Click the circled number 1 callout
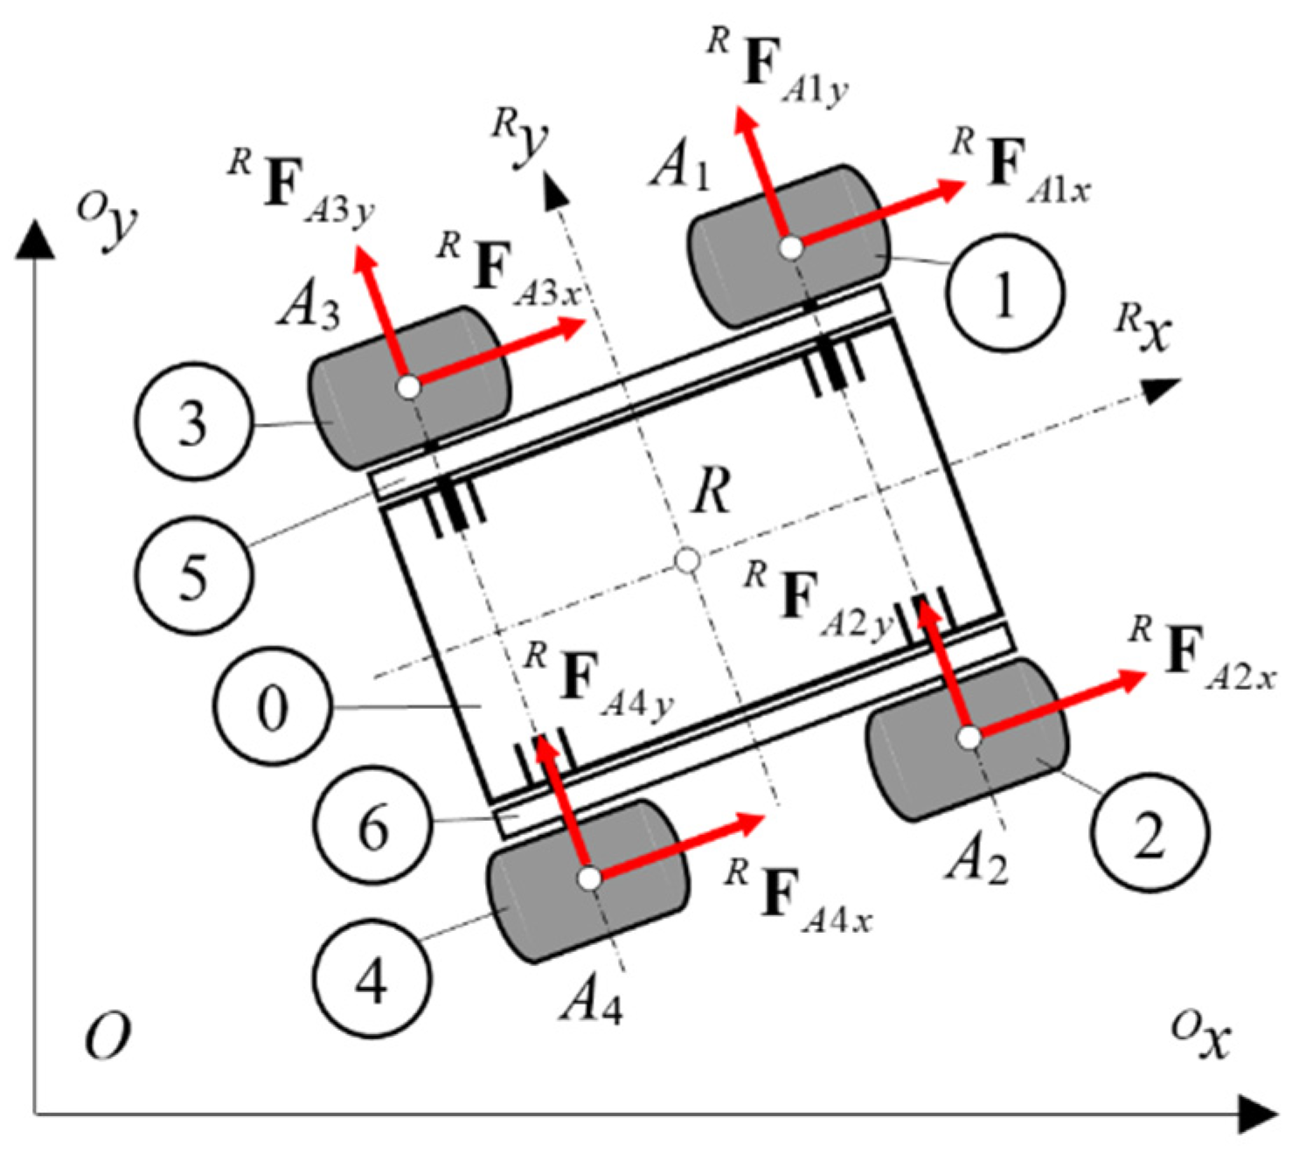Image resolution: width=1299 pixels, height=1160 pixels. [x=1004, y=292]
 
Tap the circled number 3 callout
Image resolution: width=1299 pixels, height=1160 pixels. [x=194, y=420]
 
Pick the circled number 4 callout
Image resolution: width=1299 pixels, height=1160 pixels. [x=372, y=976]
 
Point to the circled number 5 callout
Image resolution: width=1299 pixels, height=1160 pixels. [x=193, y=574]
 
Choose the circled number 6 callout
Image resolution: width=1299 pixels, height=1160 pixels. [x=373, y=824]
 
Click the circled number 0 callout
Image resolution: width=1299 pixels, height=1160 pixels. [x=273, y=705]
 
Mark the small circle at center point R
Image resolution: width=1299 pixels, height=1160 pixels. [x=688, y=560]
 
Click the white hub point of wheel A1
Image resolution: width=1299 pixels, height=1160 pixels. [x=791, y=247]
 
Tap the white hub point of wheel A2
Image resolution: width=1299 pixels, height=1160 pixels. [x=969, y=739]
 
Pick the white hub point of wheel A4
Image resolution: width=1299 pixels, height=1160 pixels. [x=590, y=877]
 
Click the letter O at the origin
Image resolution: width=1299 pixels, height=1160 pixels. [x=108, y=1038]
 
